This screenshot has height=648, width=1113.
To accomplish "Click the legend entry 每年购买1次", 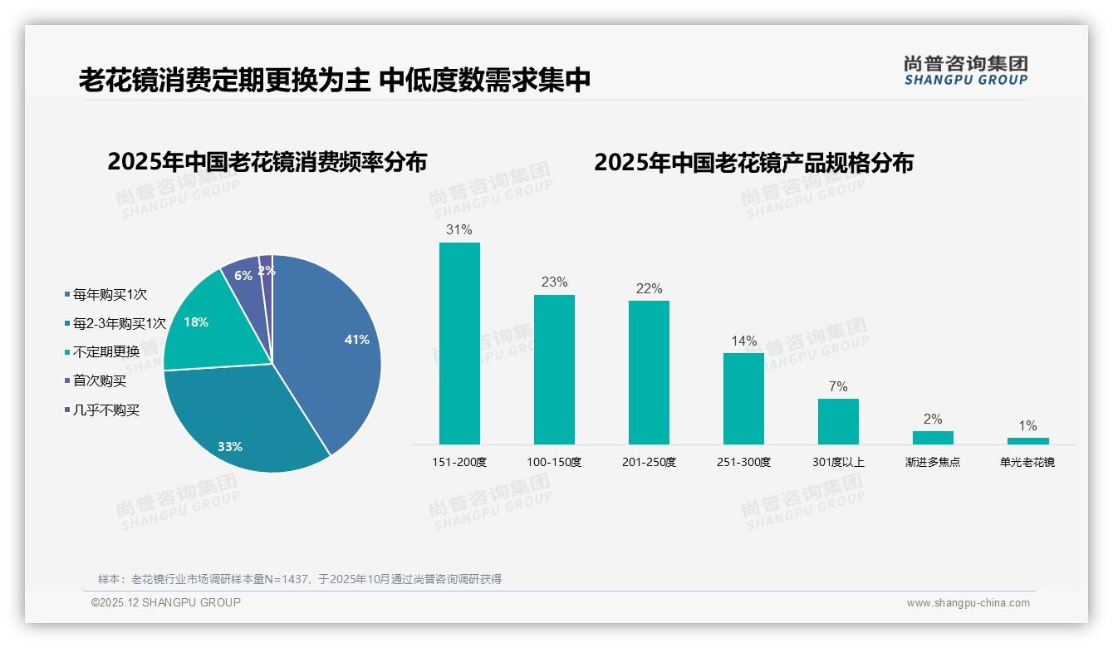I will click(110, 294).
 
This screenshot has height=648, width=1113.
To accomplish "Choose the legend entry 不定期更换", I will click(105, 351).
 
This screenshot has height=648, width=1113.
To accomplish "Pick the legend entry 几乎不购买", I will click(105, 410).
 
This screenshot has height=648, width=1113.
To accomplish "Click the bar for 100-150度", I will click(554, 370).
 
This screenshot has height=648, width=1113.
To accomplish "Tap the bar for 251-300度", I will click(743, 399).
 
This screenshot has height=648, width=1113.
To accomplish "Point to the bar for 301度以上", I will click(838, 421).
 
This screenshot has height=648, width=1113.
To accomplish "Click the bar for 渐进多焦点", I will click(933, 437).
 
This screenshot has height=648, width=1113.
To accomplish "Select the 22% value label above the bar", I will click(649, 288).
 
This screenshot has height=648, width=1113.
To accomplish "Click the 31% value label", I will click(459, 229).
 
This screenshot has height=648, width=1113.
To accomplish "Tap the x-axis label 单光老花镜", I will click(1027, 462).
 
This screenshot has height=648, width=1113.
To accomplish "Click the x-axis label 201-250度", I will click(649, 462).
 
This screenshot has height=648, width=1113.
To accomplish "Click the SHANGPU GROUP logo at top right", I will click(965, 71).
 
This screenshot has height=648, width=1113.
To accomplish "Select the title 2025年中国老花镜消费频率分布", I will click(267, 162).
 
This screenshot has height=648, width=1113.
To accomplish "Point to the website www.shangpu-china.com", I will click(968, 603).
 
